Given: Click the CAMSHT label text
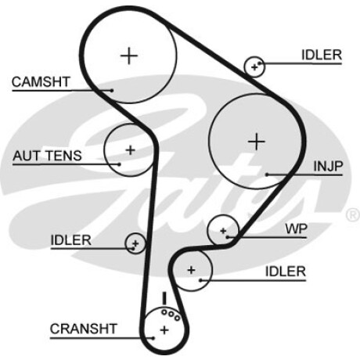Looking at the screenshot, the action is click(41, 82).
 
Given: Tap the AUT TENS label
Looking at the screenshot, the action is click(47, 156).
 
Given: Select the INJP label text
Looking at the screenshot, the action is click(328, 166).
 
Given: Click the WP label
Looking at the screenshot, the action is click(297, 229).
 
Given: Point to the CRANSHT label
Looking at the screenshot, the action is click(83, 329).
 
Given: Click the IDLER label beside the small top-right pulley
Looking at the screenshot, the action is click(322, 55).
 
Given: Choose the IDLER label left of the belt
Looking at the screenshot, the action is click(70, 240).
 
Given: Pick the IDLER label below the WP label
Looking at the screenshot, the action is click(286, 272).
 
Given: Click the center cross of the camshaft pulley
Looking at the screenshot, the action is click(129, 56).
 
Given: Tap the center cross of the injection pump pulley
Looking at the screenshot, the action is click(257, 142).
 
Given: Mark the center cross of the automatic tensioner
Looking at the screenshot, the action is click(130, 150).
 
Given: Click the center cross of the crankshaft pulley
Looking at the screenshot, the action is click(164, 330).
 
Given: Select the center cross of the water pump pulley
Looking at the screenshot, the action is click(223, 231).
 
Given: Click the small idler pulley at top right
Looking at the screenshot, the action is click(254, 67).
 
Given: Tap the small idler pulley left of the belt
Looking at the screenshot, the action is click(135, 243).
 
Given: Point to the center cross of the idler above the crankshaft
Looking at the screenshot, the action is click(191, 270).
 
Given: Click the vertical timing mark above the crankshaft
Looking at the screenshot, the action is click(164, 298).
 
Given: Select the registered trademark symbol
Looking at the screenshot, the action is click(353, 215).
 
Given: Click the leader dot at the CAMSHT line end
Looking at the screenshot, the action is click(112, 91).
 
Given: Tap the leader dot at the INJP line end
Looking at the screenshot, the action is click(267, 175).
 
